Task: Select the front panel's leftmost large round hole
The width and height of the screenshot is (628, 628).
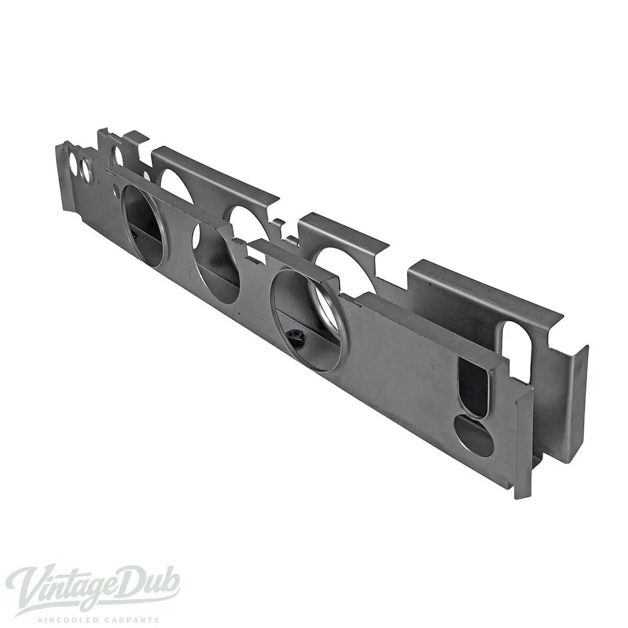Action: [143, 226]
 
